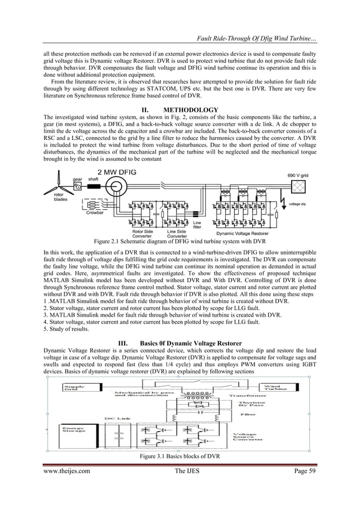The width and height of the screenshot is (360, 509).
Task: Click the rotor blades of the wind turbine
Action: tap(55, 182)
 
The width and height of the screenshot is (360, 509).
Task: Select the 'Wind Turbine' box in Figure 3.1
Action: tap(275, 388)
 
